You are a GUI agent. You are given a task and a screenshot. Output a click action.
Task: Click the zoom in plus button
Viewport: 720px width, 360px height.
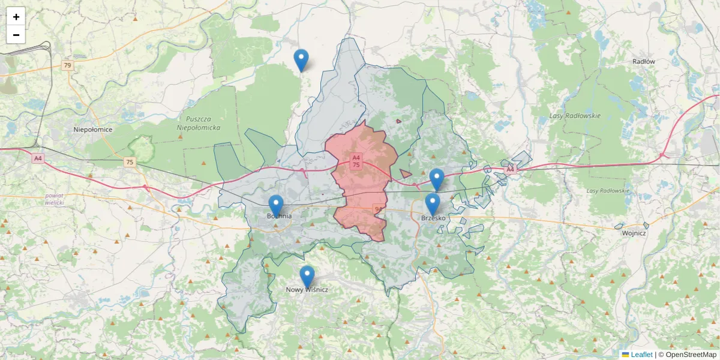pyautogui.click(x=16, y=17)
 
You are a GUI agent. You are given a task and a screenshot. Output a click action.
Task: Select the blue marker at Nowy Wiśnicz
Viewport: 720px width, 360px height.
pyautogui.click(x=307, y=276)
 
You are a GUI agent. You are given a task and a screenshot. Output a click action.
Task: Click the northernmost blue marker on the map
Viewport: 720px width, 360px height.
pyautogui.click(x=301, y=59)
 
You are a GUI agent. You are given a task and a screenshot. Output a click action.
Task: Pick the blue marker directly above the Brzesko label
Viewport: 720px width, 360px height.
pyautogui.click(x=433, y=203)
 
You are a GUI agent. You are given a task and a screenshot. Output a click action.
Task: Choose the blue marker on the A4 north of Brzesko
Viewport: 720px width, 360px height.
pyautogui.click(x=437, y=179)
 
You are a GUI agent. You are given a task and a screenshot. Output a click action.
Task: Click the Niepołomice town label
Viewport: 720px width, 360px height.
pyautogui.click(x=93, y=129)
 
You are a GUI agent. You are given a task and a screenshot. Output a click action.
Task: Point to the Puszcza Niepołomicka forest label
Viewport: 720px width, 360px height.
pyautogui.click(x=199, y=123)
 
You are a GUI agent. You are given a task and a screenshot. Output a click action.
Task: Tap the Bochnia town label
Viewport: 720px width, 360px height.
pyautogui.click(x=279, y=216)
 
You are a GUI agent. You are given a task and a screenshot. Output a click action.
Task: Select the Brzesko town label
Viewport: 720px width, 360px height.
pyautogui.click(x=433, y=218)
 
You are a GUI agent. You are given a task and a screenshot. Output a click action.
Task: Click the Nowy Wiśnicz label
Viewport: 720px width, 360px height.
pyautogui.click(x=307, y=290)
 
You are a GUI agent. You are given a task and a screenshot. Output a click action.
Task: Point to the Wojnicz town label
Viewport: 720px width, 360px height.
pyautogui.click(x=634, y=233)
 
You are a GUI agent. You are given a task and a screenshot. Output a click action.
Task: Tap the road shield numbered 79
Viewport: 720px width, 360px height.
pyautogui.click(x=67, y=65)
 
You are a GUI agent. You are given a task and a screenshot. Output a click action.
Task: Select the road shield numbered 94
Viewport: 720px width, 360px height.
pyautogui.click(x=377, y=209)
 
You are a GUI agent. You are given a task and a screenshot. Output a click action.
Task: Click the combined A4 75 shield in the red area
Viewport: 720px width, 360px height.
pyautogui.click(x=356, y=161)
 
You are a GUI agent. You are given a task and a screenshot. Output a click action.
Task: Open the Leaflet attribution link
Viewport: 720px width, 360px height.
pyautogui.click(x=641, y=355)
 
